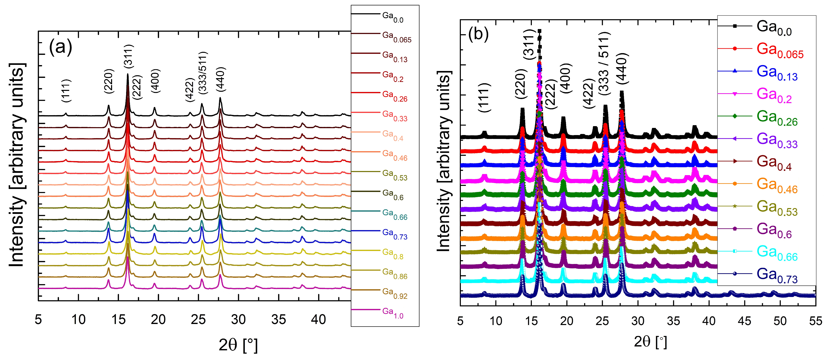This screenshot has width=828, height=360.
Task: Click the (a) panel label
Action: pos(61,47)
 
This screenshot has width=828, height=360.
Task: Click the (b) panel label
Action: pos(478,34)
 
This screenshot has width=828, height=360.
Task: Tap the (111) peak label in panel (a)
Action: pos(66,91)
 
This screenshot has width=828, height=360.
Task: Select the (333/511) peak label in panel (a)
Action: pos(203,73)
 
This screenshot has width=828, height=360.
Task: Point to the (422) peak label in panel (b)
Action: pos(589,93)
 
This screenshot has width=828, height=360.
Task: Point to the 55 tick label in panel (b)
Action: pos(815,321)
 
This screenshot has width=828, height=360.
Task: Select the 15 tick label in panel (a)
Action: pos(118,319)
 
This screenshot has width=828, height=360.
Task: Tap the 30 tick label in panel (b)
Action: pos(638,321)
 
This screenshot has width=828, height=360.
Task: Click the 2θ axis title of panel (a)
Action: pos(238,345)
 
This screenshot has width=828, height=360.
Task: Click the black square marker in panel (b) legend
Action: pos(735,26)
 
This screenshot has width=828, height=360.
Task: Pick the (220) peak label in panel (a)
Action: pos(109,81)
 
